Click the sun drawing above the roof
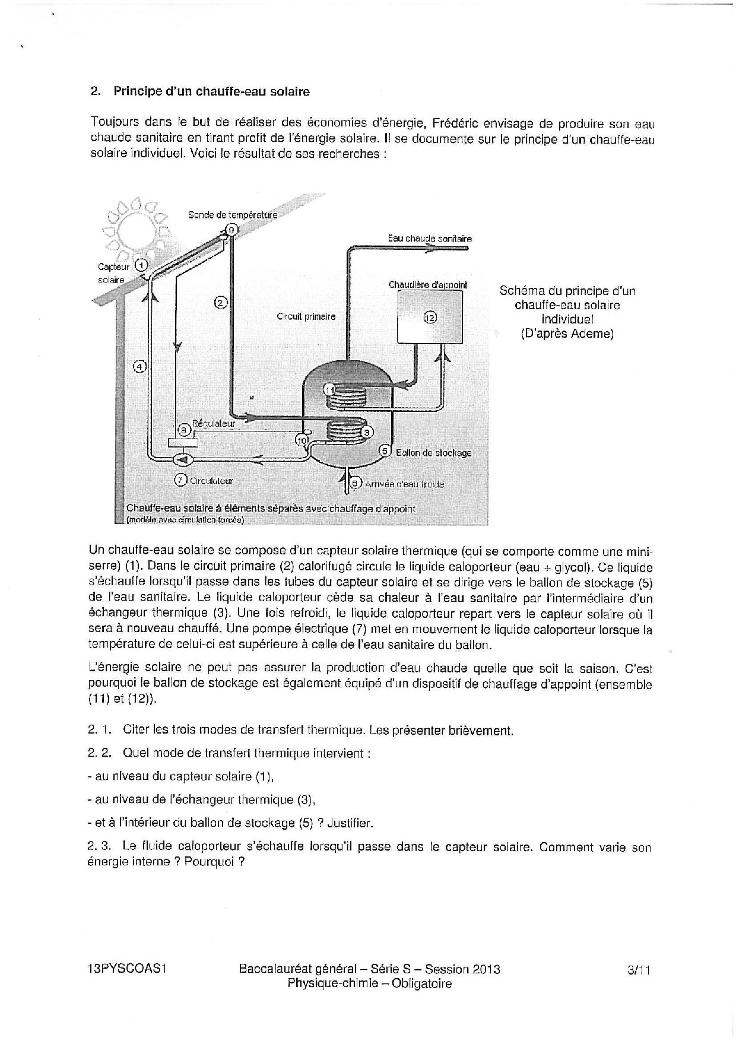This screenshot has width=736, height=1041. click(x=135, y=226)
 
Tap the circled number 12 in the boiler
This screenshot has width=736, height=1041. click(x=430, y=317)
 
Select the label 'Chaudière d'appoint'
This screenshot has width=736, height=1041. click(x=427, y=285)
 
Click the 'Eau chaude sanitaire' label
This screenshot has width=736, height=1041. click(x=430, y=239)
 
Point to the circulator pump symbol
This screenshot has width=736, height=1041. click(x=180, y=459)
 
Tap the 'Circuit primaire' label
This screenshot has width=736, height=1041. click(x=306, y=316)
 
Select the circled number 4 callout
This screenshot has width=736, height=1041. click(x=139, y=366)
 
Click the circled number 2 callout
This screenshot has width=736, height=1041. click(x=220, y=303)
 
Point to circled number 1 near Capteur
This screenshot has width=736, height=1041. click(x=141, y=265)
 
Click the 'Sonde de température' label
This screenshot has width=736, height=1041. click(x=232, y=215)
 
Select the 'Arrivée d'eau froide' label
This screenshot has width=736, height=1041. click(x=404, y=484)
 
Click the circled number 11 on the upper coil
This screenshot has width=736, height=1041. click(x=330, y=389)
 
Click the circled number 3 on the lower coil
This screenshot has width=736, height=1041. click(x=367, y=431)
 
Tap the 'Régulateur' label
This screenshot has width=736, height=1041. click(x=214, y=424)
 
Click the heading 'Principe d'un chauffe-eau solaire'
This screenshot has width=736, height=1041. click(x=211, y=91)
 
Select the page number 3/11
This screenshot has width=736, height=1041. click(x=639, y=970)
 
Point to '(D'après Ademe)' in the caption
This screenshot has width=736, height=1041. click(x=567, y=334)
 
